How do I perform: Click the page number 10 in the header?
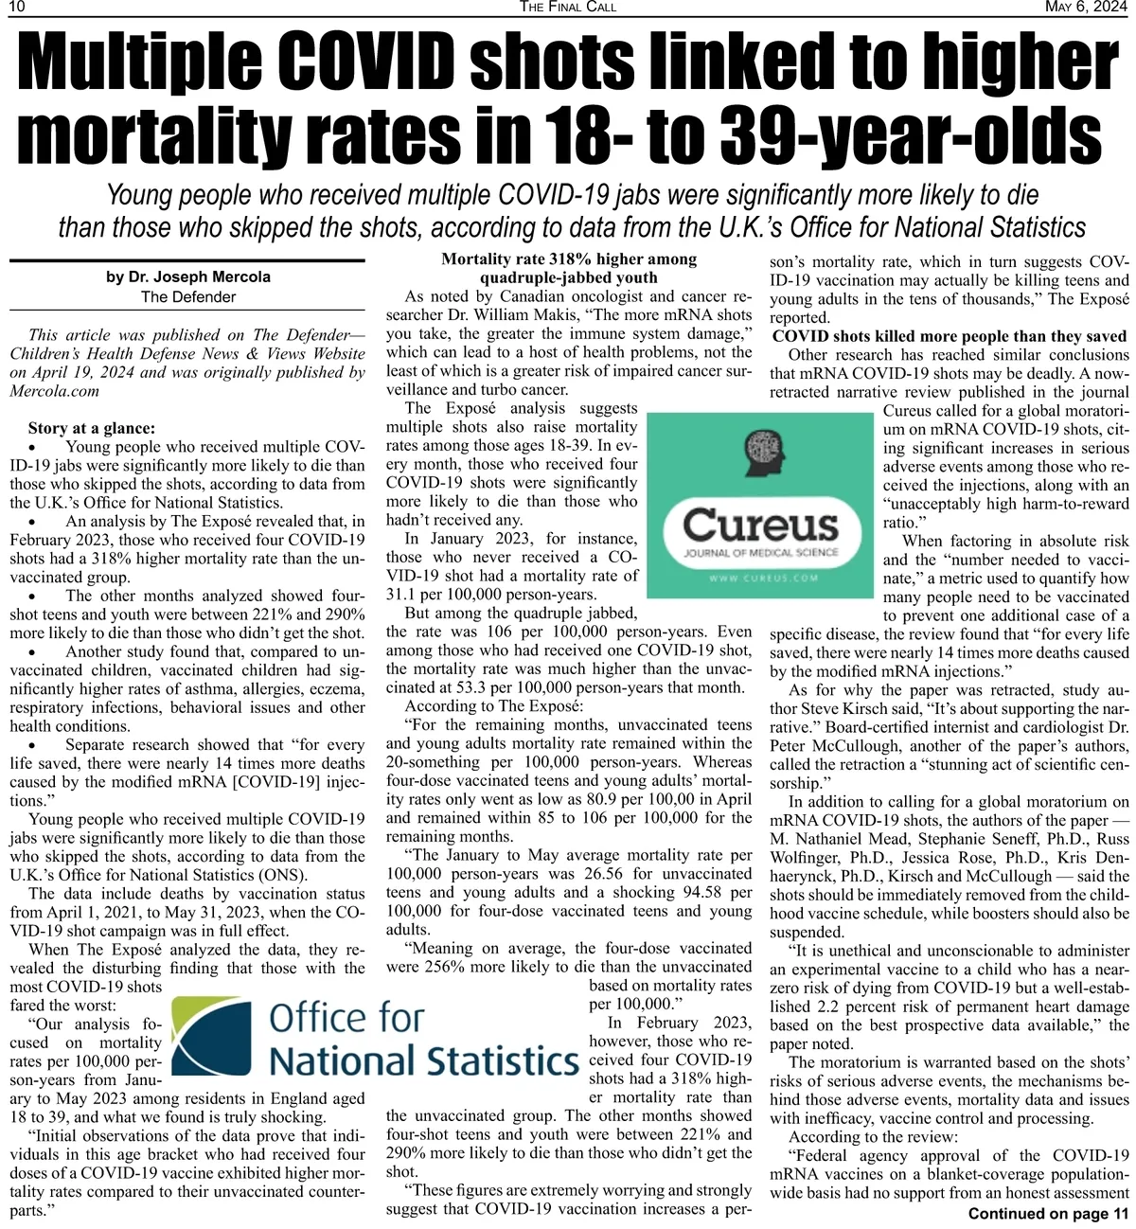click(x=16, y=8)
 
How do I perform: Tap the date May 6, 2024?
click(x=1086, y=8)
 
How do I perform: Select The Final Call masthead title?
click(x=568, y=8)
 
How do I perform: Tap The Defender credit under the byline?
click(x=188, y=296)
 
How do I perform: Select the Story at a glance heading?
click(x=92, y=428)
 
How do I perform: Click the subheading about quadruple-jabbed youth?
click(x=568, y=269)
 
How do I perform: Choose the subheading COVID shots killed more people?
click(x=950, y=336)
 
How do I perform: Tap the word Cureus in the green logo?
click(x=760, y=525)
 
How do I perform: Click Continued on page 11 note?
click(x=1048, y=1214)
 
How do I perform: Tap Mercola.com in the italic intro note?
click(x=55, y=391)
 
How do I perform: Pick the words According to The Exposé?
click(x=494, y=706)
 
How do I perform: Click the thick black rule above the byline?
click(x=186, y=260)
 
